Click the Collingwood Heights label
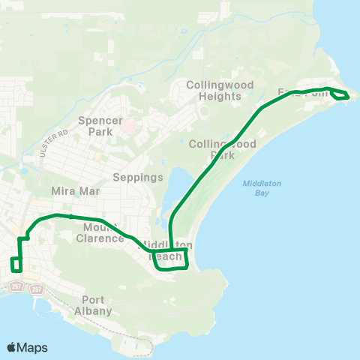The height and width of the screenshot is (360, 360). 220,90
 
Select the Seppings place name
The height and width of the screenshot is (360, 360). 137,178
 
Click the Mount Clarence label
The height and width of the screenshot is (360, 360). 99,232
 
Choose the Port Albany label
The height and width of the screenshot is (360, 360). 94,305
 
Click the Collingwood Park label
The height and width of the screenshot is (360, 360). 223,149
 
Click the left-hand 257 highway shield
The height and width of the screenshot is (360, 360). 17,286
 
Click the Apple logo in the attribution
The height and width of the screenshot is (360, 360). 12,347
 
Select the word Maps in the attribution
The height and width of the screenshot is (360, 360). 32,347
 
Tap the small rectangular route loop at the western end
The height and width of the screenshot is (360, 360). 16,264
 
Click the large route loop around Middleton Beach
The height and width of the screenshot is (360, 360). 169,260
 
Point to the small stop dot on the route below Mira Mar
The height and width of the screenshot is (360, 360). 70,216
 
